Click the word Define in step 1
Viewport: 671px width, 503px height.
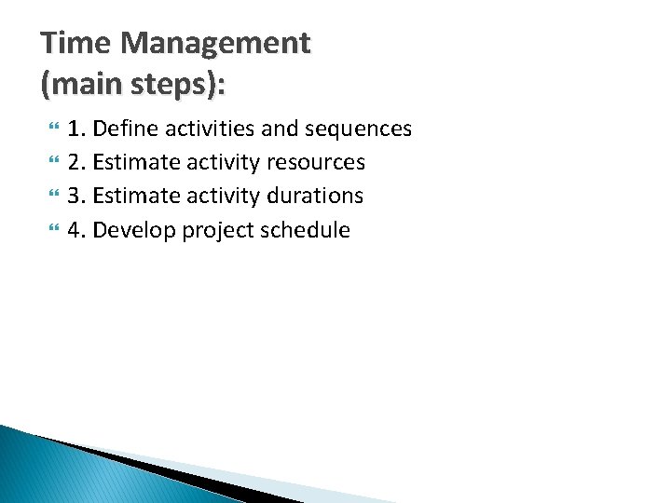coord(124,129)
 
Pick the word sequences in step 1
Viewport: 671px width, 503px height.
coord(363,129)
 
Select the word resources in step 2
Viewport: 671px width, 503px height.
coord(315,162)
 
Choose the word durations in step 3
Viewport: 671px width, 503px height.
coord(314,196)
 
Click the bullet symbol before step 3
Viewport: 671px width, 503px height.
coord(50,197)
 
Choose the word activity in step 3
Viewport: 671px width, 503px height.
coord(220,196)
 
